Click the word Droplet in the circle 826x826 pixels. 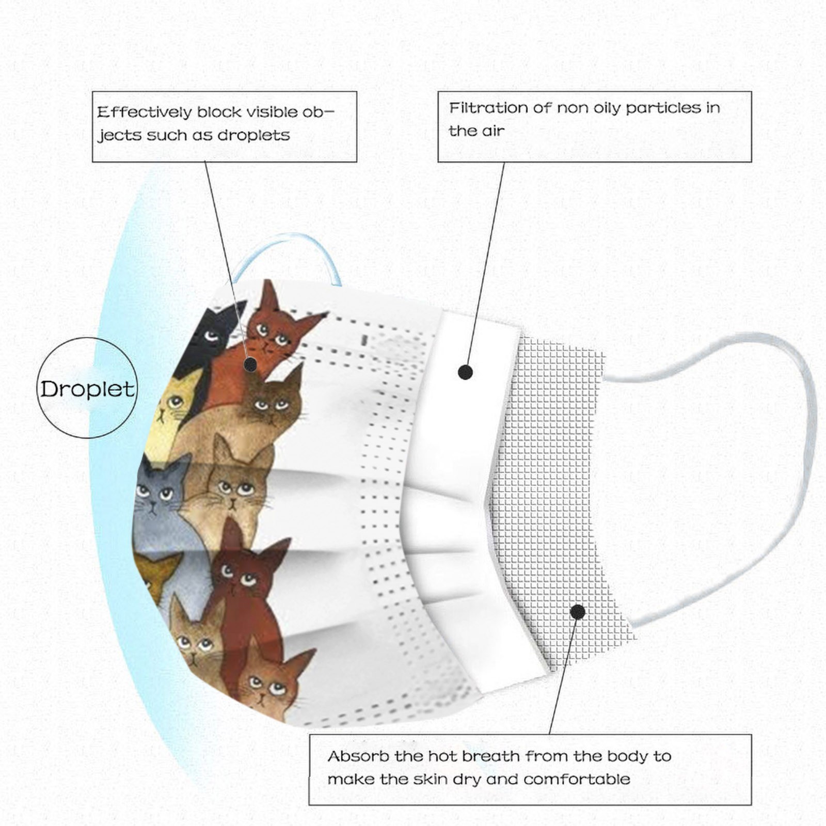[x=87, y=389]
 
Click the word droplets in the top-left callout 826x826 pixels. [x=253, y=135]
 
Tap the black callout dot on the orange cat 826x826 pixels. [x=250, y=364]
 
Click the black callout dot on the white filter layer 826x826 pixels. [x=465, y=372]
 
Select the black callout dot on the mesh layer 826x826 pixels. [x=578, y=612]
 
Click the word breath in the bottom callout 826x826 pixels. [x=491, y=756]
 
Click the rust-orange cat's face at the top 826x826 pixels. [x=274, y=336]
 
